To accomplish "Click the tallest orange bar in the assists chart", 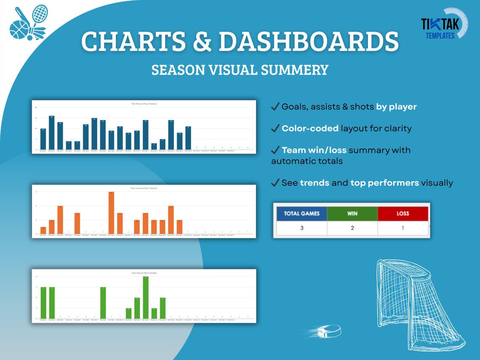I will (111, 213).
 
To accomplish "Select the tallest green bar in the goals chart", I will (146, 298).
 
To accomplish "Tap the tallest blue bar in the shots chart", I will (51, 133).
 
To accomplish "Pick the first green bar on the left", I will (43, 303).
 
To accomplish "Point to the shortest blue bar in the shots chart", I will (154, 147).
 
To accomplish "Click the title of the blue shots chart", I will (144, 104).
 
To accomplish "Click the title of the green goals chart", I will (144, 273).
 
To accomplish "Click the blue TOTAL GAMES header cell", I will (301, 213).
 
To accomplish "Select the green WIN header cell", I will (352, 213).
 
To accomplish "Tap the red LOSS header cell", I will (403, 213).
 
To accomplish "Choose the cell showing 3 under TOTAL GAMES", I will (301, 228).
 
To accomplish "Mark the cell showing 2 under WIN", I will (352, 228).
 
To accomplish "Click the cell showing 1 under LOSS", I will (403, 228).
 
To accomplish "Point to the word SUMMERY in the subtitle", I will (296, 69).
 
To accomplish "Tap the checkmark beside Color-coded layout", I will (275, 128).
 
